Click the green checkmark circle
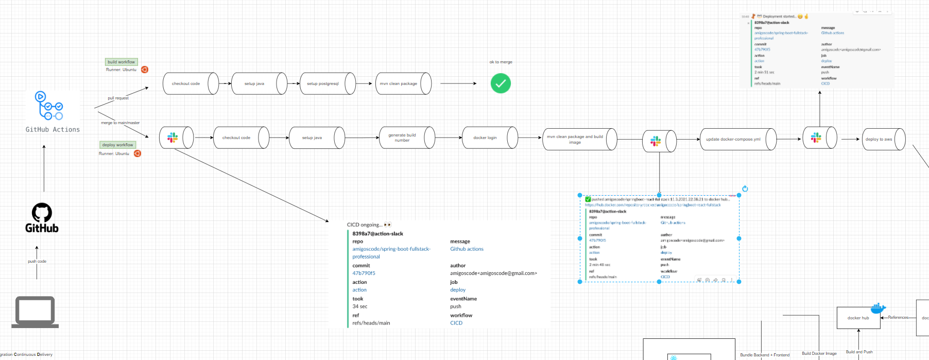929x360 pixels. point(501,83)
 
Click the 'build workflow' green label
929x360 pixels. point(121,62)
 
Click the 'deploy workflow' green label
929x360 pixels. point(117,145)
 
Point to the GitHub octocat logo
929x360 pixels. point(42,212)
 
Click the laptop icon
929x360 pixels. point(35,312)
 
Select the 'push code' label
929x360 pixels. point(37,261)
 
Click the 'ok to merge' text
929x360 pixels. point(501,62)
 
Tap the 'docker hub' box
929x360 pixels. point(858,318)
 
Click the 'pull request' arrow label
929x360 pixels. point(118,98)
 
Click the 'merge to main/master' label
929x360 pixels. point(120,123)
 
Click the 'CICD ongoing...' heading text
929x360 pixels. point(365,225)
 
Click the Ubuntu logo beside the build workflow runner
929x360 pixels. point(145,70)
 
